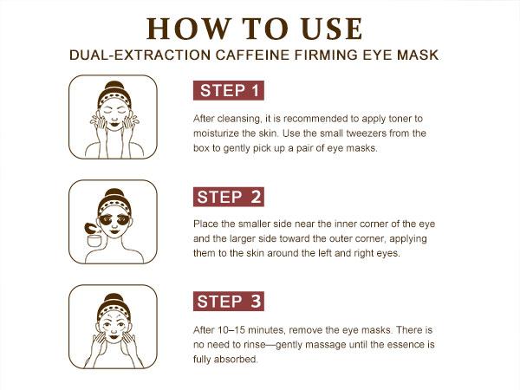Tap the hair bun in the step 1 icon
(x=113, y=87)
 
